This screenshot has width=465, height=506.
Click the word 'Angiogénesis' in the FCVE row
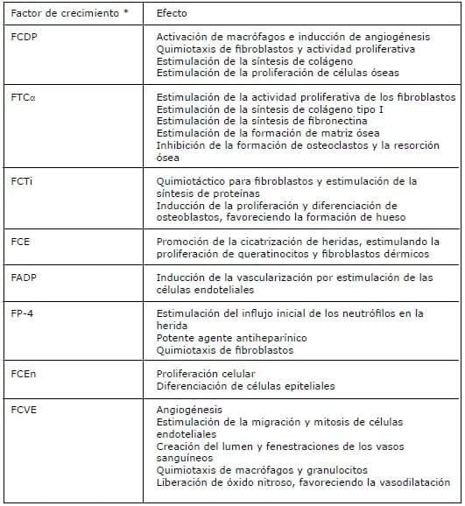coord(189,408)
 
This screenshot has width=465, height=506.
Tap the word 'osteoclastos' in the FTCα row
coord(328,145)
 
